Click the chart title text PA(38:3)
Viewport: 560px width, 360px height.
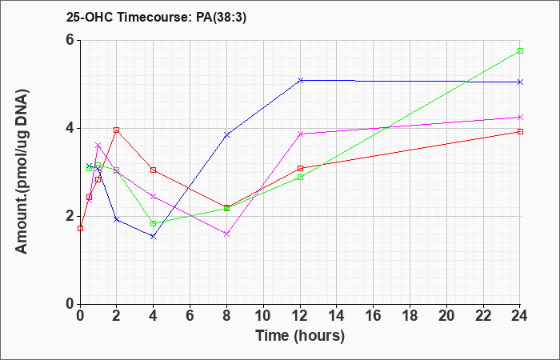coord(221,18)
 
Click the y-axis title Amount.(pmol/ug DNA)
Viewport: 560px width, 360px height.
coord(22,171)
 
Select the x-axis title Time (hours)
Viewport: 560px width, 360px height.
coord(300,336)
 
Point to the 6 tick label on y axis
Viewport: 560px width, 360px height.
coord(70,40)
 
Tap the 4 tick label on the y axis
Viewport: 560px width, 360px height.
coord(70,128)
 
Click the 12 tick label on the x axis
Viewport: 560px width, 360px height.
coord(300,316)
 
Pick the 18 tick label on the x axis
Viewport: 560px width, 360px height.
coord(410,316)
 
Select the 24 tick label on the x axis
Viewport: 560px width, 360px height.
coord(519,316)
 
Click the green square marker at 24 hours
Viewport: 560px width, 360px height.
coord(520,50)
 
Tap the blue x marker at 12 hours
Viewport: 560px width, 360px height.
coord(300,80)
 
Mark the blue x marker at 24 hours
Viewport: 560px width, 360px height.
coord(520,82)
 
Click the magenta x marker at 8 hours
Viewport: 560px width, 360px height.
coord(226,234)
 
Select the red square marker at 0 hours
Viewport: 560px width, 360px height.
coord(80,228)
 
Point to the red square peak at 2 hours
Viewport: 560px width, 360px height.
coord(117,130)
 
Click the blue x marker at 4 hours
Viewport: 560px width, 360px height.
coord(154,237)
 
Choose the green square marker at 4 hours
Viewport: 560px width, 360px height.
coord(154,223)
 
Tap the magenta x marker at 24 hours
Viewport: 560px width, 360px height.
coord(520,117)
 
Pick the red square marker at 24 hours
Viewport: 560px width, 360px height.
coord(520,131)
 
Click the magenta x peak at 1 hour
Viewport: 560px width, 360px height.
coord(98,145)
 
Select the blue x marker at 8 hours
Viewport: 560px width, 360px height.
coord(226,134)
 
